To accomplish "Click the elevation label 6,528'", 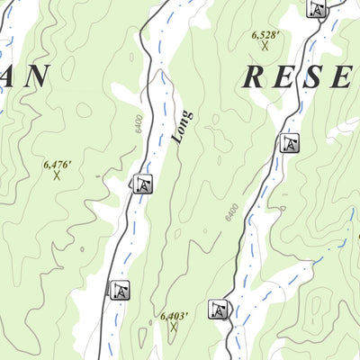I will [265, 34].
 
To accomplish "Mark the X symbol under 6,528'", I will [265, 45].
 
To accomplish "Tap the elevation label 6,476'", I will [56, 165].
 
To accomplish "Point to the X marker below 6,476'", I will [56, 175].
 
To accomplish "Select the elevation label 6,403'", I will [174, 316].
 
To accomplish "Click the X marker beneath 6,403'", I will [173, 327].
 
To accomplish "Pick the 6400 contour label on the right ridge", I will [231, 213].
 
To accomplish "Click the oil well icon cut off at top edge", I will [316, 9].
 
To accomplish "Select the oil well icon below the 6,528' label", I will [288, 142].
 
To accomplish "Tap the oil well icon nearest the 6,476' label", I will [142, 184].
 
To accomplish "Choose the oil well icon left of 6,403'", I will [121, 290].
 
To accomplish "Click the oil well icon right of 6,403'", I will [217, 310].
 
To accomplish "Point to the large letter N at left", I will [35, 77].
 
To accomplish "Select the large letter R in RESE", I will [253, 77].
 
